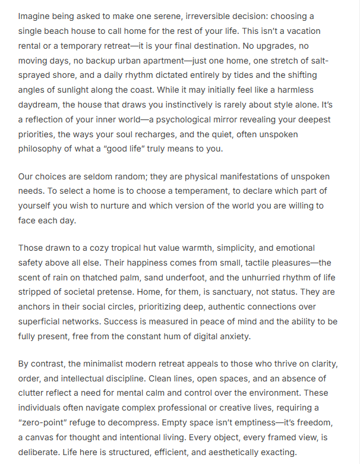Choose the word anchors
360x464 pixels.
(36, 307)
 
